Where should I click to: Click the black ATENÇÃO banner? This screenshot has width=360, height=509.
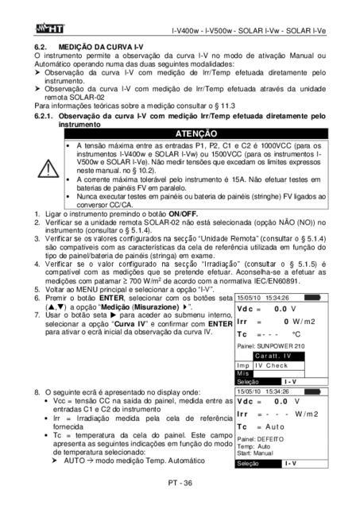point(196,133)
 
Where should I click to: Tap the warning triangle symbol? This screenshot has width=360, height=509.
point(48,168)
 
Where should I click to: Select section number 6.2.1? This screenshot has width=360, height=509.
point(43,116)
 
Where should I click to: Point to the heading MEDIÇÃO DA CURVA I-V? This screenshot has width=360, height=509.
point(101,47)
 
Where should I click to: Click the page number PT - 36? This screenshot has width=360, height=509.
point(180,483)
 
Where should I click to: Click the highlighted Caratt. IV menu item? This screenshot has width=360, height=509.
point(279,356)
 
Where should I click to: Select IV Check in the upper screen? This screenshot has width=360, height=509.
point(271,365)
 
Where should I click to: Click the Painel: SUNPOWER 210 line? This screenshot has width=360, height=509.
point(271,346)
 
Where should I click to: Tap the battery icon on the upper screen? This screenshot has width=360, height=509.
point(312,298)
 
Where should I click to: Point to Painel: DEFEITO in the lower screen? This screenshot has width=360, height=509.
point(260,439)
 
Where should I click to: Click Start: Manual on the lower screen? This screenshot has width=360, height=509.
point(255,453)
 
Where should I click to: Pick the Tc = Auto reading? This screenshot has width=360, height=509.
point(261,427)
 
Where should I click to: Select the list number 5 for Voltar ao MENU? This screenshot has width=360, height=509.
point(37,290)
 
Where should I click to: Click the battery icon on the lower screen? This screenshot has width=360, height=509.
point(312,391)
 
